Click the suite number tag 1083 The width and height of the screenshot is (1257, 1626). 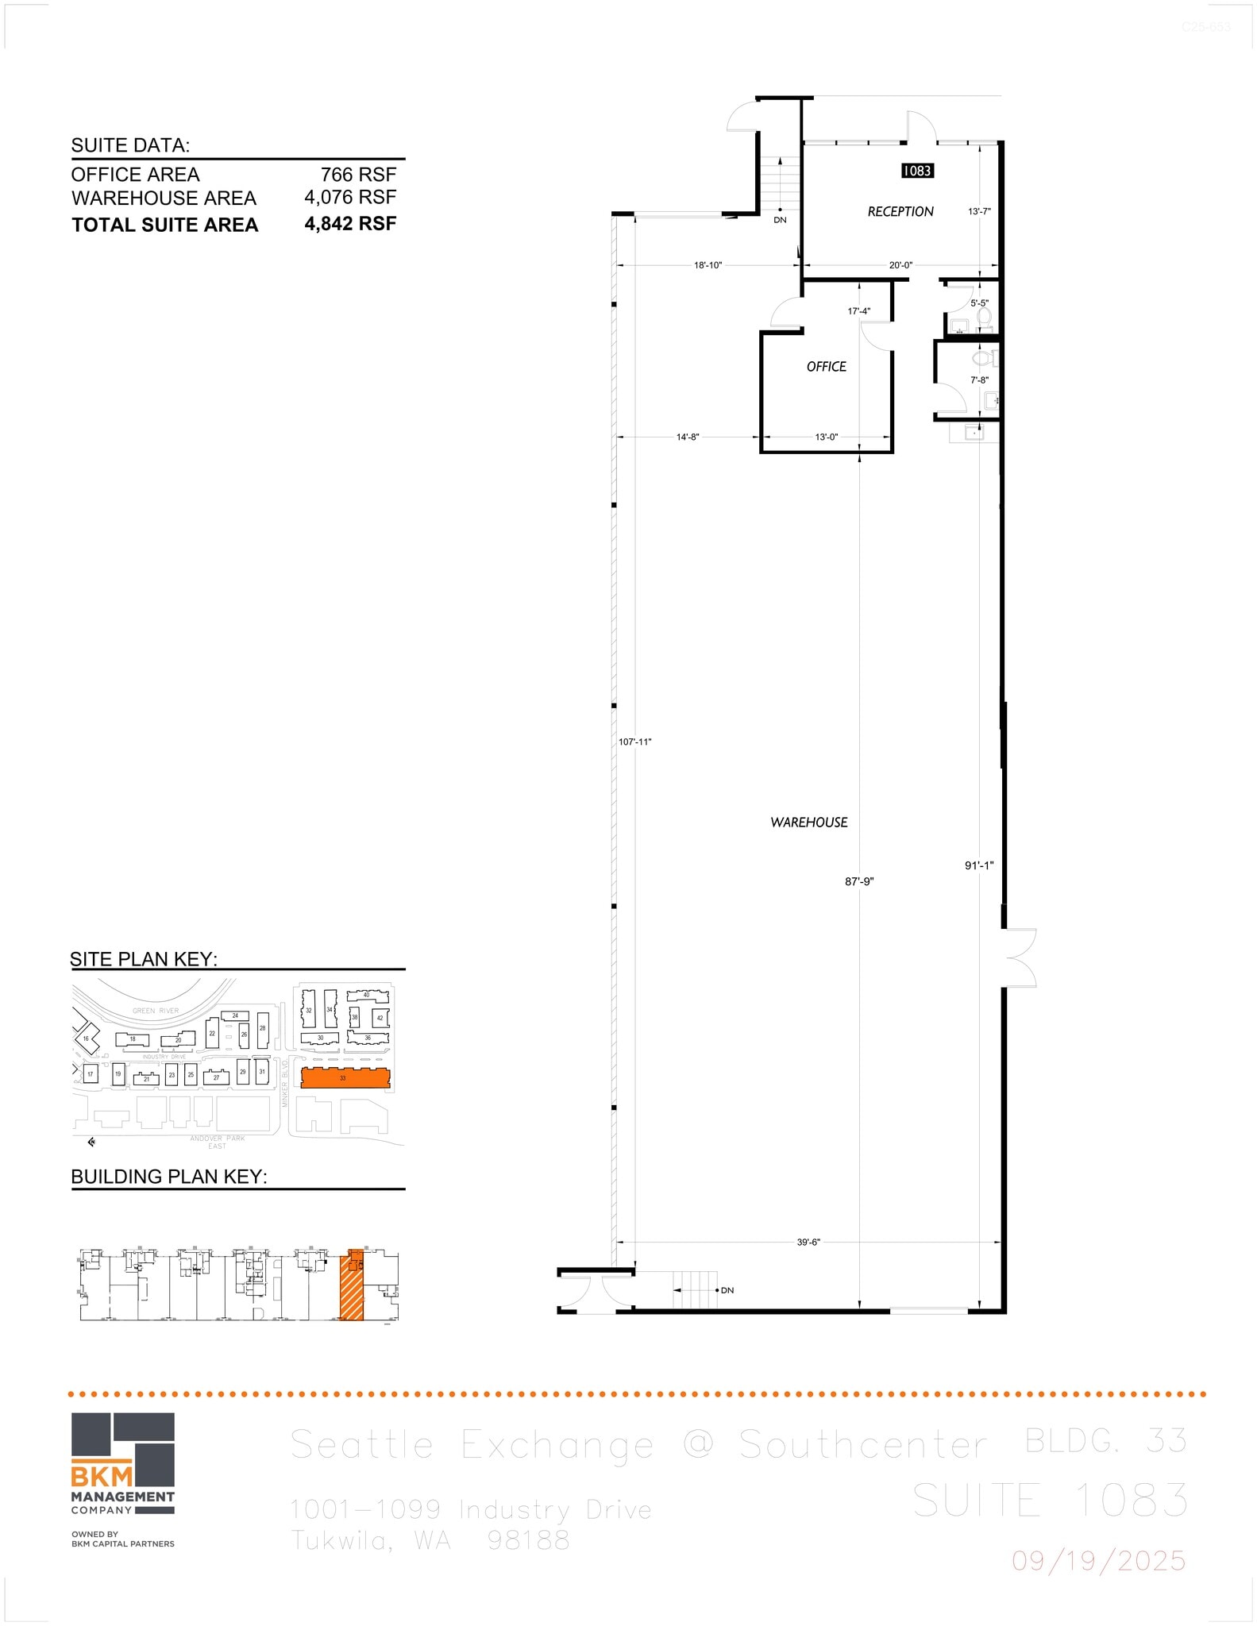tap(916, 171)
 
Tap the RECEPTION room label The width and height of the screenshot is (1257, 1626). tap(900, 212)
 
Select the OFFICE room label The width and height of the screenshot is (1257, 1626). tap(826, 367)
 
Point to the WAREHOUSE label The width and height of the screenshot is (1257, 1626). tap(808, 823)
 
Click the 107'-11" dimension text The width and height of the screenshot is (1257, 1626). tap(634, 742)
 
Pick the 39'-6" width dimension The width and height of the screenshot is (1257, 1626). tap(808, 1243)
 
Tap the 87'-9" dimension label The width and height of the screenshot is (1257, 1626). tap(859, 881)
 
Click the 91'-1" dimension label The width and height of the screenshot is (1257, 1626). tap(979, 866)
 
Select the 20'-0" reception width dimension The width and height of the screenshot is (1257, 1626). tap(900, 265)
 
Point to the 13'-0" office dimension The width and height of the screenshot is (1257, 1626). tap(826, 437)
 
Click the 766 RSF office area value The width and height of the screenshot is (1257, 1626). tap(357, 175)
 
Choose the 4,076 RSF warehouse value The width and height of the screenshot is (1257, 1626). tap(349, 198)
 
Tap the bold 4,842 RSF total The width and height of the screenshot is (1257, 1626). tap(349, 224)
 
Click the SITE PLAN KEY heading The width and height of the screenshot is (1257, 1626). tap(144, 959)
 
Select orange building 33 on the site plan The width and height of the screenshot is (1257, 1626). tap(345, 1078)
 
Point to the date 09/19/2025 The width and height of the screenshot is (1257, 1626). tap(1098, 1562)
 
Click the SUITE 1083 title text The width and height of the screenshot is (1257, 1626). tap(1050, 1501)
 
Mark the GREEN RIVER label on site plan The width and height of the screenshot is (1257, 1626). tap(156, 1011)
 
